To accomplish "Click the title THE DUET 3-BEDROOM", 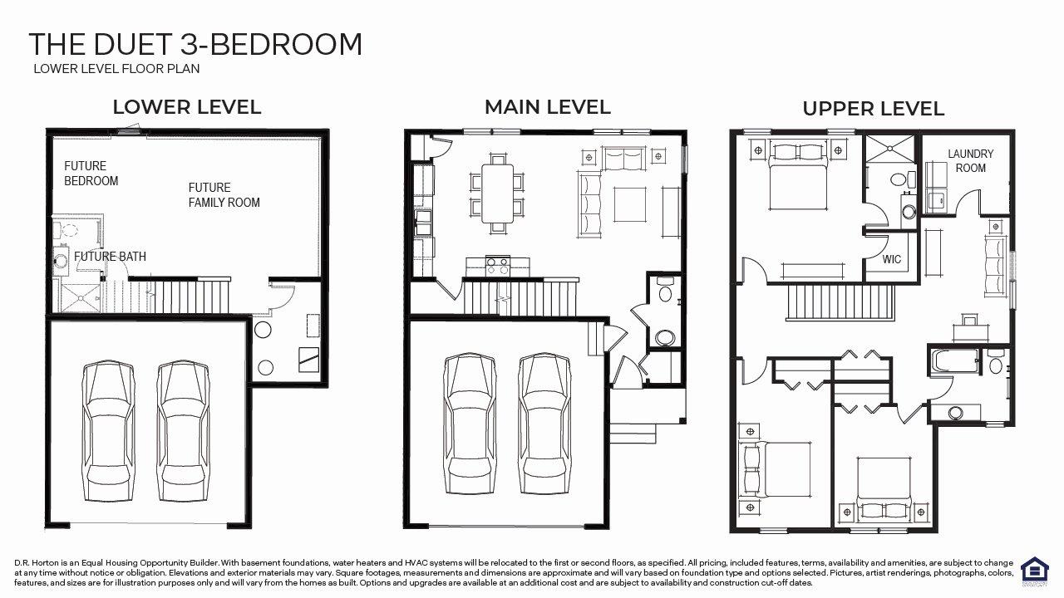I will pos(195,44).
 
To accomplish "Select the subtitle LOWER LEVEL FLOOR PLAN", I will pos(116,69).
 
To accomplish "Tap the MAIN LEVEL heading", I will pos(547,106).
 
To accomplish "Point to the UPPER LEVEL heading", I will pos(873,109).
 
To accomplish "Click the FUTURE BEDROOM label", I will pos(91,174).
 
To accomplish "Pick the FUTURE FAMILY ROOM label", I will pos(224,195).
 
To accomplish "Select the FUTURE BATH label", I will pos(110,257).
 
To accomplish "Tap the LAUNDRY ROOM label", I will pos(970,161).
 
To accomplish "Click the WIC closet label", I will pos(892,259).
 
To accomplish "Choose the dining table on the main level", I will pos(497,193).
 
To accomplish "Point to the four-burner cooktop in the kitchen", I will pos(497,265).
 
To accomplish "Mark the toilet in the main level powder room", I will pos(665,292).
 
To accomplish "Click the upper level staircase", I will pos(840,301).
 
